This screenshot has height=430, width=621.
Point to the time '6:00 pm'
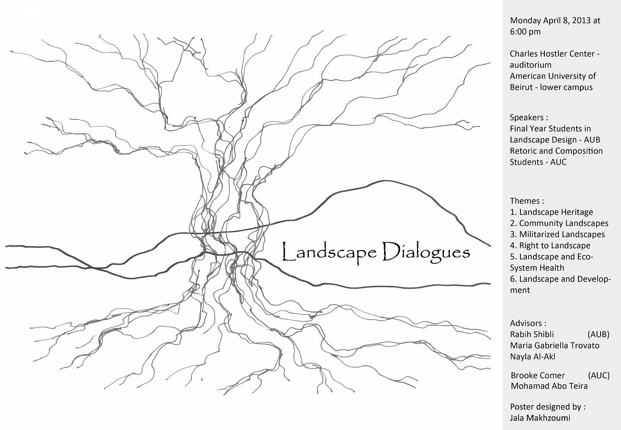(x=525, y=32)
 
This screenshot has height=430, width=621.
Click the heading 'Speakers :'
(x=529, y=117)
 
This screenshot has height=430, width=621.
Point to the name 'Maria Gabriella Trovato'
(x=555, y=346)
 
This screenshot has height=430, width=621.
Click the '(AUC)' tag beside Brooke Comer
(x=598, y=375)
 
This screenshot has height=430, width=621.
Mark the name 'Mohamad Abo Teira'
(x=549, y=386)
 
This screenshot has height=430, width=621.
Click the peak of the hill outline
(x=386, y=181)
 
